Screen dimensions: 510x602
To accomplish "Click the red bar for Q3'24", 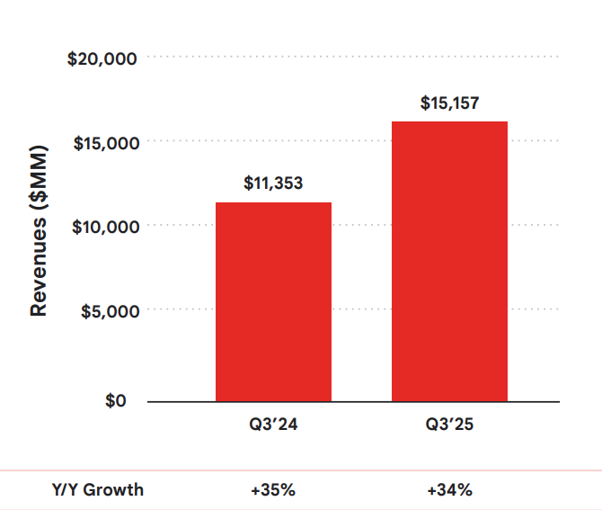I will [273, 301].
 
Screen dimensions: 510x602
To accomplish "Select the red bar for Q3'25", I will [449, 261].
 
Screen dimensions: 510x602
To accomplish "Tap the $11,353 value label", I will [273, 183].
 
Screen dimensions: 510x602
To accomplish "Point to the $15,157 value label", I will [449, 103].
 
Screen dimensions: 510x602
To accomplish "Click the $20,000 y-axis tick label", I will [102, 59].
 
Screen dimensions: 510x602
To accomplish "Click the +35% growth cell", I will [273, 490].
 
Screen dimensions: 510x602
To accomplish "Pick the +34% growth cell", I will [449, 490].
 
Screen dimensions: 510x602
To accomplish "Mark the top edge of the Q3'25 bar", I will [449, 122].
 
